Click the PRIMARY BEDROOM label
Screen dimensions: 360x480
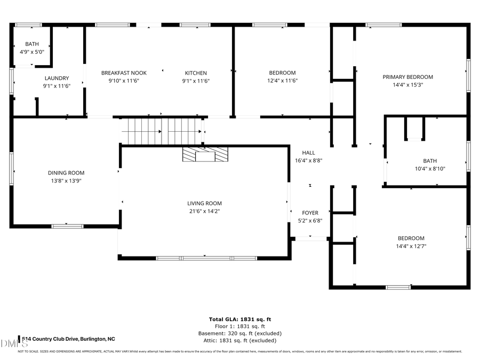coord(407,77)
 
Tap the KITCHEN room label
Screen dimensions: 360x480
coord(196,73)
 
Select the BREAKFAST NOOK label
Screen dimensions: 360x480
coord(124,73)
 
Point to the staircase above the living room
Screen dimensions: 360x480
coord(163,131)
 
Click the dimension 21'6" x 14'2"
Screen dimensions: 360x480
coord(204,211)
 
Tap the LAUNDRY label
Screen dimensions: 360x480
coord(56,78)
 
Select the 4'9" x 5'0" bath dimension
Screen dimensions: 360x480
coord(31,52)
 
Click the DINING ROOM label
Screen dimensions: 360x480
coord(66,173)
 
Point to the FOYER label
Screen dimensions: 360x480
coord(310,213)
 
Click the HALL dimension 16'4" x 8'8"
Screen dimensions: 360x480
coord(308,160)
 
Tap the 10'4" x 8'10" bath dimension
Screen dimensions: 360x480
coord(429,169)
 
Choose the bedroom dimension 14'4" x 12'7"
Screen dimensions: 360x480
coord(411,246)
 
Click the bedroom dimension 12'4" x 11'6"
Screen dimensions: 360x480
coord(282,81)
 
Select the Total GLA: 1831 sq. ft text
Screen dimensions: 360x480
coord(239,319)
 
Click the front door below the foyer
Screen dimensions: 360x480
coord(310,238)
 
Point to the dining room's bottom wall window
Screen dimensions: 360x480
coord(67,226)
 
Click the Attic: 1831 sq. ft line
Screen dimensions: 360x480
coord(239,340)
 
